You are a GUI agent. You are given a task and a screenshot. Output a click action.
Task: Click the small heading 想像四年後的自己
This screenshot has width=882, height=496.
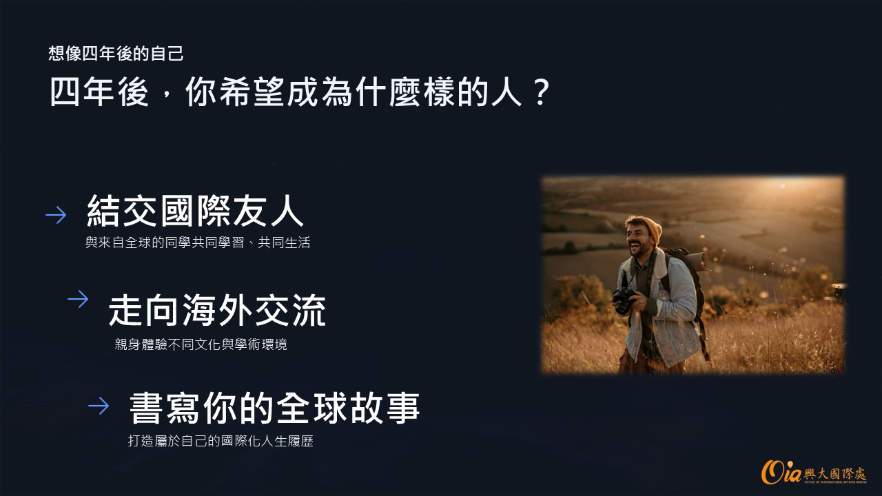click(116, 54)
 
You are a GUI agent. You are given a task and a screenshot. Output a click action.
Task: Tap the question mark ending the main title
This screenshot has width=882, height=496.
click(542, 92)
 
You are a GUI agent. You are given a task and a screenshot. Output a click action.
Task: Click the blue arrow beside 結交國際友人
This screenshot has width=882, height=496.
click(56, 215)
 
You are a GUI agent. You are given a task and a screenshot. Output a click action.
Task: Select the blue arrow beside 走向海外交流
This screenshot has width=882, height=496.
click(78, 299)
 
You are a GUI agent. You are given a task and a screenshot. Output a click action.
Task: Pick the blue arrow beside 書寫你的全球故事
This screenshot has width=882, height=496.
click(99, 406)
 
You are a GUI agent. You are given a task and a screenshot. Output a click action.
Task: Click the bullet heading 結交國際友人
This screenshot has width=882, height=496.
click(195, 211)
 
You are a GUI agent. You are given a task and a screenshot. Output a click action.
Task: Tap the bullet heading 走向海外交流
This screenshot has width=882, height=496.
click(217, 311)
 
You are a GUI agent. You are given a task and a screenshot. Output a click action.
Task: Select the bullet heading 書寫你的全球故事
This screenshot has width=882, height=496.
click(274, 408)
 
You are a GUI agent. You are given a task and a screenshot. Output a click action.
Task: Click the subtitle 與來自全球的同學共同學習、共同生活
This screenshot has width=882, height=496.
click(198, 242)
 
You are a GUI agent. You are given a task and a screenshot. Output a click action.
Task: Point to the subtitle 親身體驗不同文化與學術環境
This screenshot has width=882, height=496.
click(201, 344)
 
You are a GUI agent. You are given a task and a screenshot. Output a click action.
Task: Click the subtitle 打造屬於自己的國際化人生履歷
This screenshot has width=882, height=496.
click(220, 441)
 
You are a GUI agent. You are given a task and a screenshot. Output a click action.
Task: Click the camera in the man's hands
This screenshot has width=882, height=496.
click(623, 300)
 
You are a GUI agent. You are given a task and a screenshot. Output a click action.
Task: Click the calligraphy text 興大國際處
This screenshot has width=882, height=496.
click(834, 473)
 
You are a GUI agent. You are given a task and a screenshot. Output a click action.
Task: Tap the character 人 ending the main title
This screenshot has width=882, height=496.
click(507, 92)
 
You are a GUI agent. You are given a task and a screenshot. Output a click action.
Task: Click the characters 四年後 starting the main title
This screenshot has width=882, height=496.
click(99, 92)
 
